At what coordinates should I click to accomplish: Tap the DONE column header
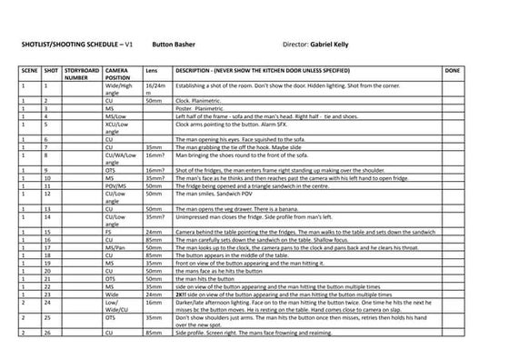pyautogui.click(x=454, y=69)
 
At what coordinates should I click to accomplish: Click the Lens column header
pyautogui.click(x=152, y=69)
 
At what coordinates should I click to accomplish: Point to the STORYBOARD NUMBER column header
pyautogui.click(x=83, y=73)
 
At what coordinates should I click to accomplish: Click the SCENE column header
pyautogui.click(x=28, y=69)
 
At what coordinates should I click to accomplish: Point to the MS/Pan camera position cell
pyautogui.click(x=115, y=247)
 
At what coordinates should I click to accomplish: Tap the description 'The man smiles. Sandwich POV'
pyautogui.click(x=215, y=194)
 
